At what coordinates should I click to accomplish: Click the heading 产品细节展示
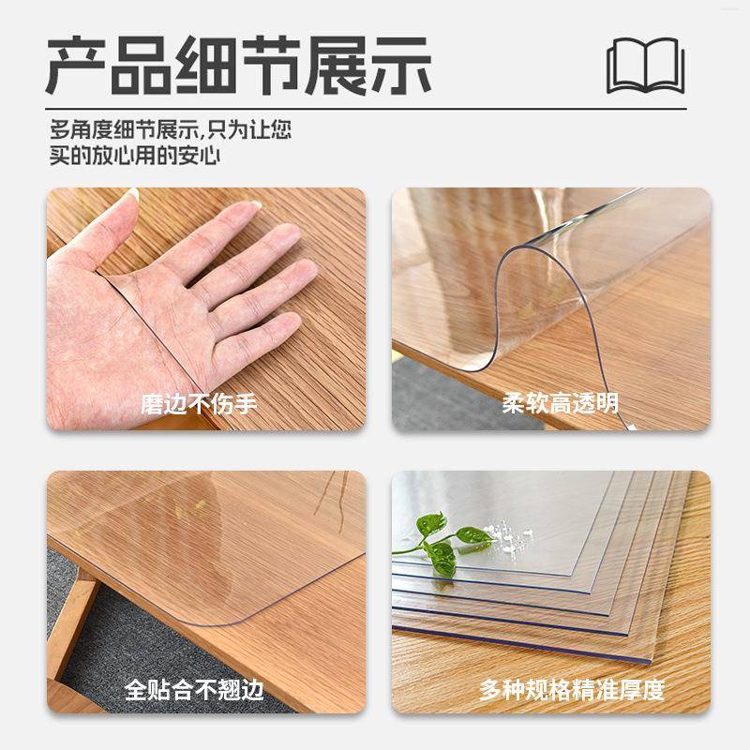coord(239,65)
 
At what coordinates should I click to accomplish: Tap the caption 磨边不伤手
coord(199,405)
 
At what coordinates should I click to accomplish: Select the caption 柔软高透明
coord(560,405)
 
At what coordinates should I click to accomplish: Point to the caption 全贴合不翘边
coord(194,691)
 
